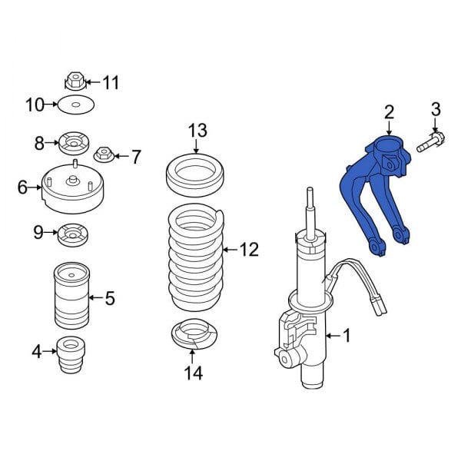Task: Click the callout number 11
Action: [112, 82]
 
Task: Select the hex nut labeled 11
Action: [75, 80]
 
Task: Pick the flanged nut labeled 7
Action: [104, 157]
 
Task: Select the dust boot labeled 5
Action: [71, 295]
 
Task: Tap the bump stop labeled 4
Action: [70, 353]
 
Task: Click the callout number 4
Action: [36, 353]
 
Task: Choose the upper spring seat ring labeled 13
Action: [195, 177]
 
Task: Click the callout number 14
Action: [194, 373]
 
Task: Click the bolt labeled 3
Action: [435, 142]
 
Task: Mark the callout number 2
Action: [389, 111]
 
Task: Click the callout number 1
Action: [346, 335]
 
